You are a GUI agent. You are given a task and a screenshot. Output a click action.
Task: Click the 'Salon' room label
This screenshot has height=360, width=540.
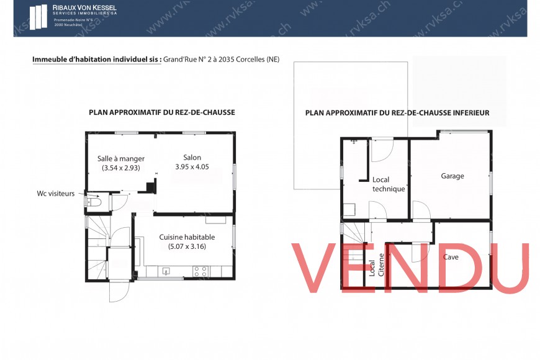click(192, 157)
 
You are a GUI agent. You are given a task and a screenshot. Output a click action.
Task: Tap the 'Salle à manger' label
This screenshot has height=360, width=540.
click(121, 158)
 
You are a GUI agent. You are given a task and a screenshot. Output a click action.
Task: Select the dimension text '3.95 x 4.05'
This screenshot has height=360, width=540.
click(192, 167)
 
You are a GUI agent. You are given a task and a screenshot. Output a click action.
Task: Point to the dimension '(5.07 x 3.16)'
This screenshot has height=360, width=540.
click(187, 246)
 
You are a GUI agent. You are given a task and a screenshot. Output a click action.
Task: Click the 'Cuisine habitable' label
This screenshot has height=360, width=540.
click(187, 237)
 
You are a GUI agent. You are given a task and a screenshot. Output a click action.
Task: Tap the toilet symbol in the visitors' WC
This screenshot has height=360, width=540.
click(94, 202)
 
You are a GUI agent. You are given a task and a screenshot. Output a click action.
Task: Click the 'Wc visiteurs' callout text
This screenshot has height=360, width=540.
click(56, 194)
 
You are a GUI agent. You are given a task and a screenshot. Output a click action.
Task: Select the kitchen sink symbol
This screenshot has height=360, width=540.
click(166, 271)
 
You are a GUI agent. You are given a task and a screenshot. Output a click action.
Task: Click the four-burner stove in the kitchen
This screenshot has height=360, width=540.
click(200, 271)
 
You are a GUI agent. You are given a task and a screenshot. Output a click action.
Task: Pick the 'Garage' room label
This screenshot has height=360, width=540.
click(452, 176)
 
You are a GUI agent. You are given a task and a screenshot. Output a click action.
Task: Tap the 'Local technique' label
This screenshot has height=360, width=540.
click(389, 184)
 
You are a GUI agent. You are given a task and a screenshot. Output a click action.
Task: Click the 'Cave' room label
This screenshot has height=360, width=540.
click(451, 256)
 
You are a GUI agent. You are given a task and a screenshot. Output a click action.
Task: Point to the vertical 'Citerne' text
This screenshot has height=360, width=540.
click(380, 266)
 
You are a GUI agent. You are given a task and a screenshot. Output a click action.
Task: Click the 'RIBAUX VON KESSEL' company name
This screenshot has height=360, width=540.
click(84, 7)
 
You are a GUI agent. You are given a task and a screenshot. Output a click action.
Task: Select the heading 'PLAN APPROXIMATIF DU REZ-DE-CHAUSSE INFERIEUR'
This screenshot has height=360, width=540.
click(397, 113)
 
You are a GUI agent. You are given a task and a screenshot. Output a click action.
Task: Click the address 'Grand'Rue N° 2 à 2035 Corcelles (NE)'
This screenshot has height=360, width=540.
click(221, 60)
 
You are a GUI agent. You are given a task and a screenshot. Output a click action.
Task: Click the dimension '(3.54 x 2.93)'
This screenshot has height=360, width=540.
click(121, 168)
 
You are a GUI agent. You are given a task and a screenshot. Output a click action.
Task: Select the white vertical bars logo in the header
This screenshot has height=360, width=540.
click(38, 17)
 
